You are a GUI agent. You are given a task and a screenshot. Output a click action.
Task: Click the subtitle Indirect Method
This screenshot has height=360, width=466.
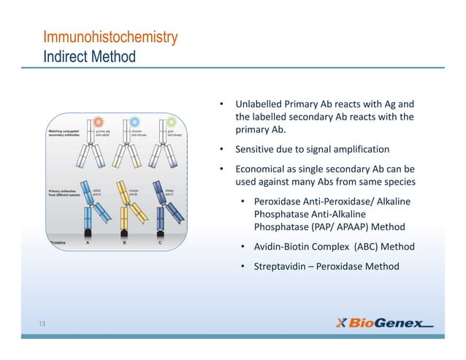89,56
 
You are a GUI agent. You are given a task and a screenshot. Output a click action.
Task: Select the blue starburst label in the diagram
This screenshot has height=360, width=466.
134,123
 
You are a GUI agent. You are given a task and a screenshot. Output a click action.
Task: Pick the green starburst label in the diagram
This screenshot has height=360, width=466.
171,123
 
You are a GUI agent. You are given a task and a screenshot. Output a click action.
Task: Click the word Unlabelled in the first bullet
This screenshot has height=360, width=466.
260,104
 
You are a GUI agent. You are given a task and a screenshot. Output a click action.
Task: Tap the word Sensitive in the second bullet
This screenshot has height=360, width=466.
256,150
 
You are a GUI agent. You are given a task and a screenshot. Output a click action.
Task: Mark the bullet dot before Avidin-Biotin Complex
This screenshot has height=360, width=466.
243,247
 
